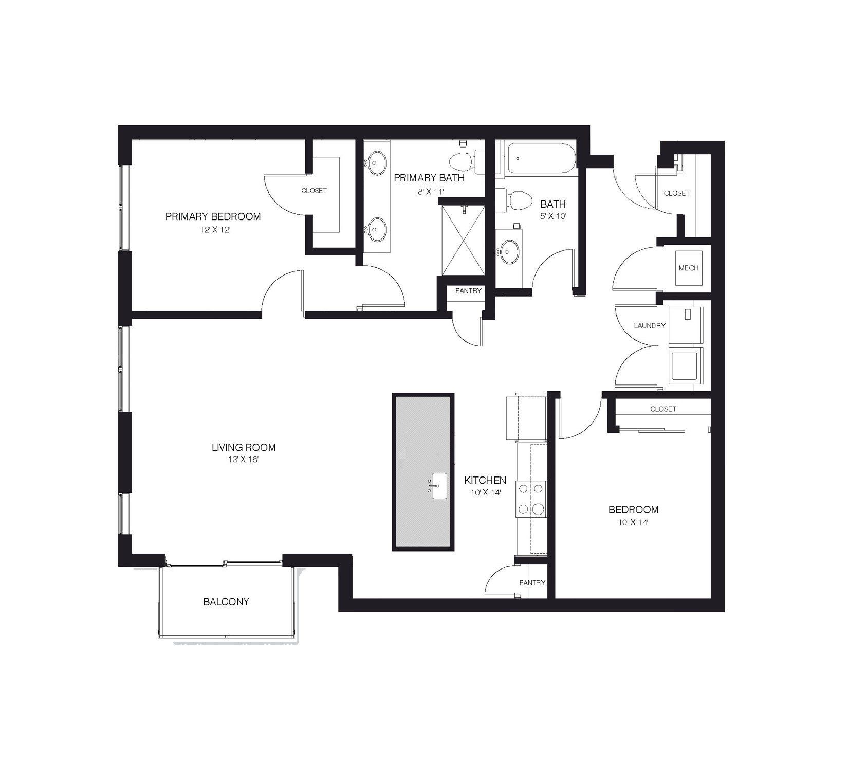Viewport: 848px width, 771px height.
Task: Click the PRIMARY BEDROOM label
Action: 213,217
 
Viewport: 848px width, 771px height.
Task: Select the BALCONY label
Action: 226,602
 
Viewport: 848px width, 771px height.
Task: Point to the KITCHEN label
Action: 485,481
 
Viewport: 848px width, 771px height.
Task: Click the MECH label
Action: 688,268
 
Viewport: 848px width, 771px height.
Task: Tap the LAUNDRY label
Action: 650,326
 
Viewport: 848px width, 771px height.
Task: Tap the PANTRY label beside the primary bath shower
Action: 468,291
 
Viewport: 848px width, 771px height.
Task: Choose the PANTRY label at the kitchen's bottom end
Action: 532,583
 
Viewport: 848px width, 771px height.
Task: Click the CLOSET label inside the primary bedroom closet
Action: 314,191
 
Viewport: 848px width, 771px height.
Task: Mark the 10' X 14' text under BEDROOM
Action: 633,523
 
